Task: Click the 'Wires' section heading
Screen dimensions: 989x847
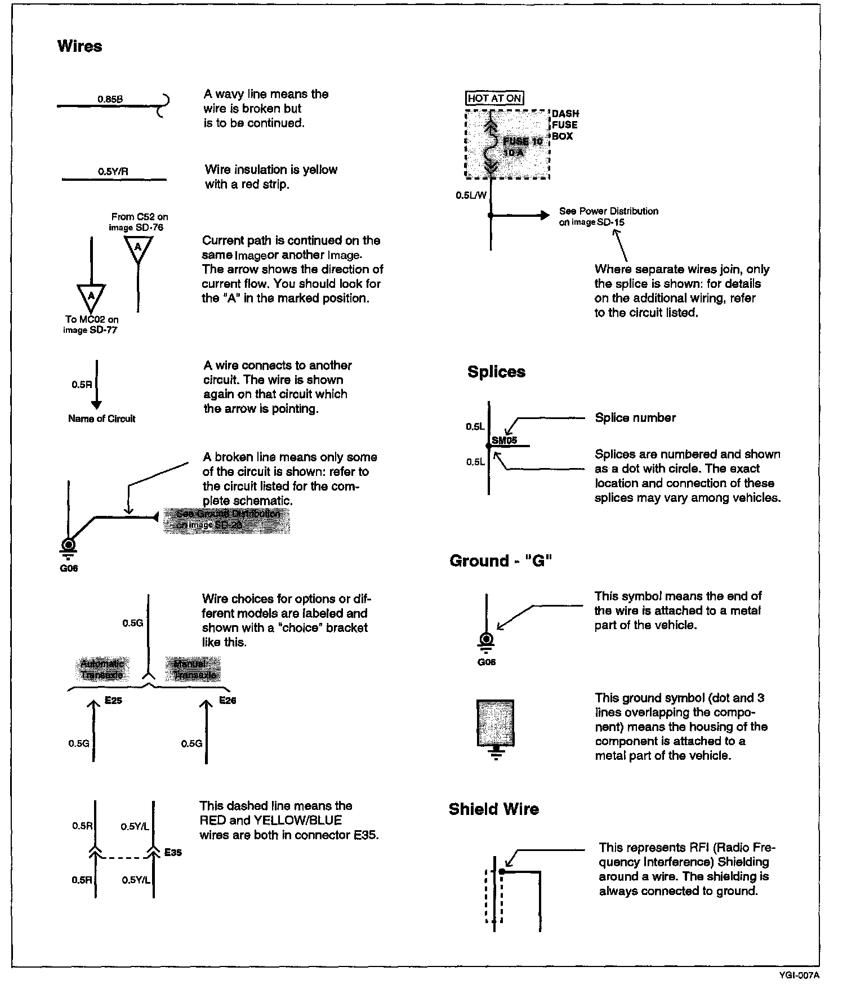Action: [x=79, y=46]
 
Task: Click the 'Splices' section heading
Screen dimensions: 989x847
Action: [x=496, y=372]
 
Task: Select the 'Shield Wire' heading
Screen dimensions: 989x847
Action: [x=494, y=809]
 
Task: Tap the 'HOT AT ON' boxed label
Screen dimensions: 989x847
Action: [x=494, y=98]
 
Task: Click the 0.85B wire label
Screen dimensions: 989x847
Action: [x=110, y=99]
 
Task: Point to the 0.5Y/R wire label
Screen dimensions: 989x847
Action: [x=113, y=172]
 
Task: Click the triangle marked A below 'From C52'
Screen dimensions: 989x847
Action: [x=138, y=248]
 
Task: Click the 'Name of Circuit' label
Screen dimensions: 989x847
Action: [x=102, y=418]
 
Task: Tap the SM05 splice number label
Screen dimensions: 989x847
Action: [x=505, y=440]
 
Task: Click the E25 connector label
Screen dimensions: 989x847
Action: [x=113, y=701]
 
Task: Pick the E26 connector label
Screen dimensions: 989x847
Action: [x=227, y=701]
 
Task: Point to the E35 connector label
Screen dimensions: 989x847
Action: [x=173, y=853]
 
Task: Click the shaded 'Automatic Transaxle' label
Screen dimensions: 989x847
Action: [x=102, y=669]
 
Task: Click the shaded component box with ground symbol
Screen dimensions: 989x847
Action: [x=496, y=723]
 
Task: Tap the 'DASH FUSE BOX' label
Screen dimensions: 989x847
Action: [x=564, y=125]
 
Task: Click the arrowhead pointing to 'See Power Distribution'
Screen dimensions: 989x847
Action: [x=543, y=215]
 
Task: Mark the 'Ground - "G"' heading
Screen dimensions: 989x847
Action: [x=500, y=561]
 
